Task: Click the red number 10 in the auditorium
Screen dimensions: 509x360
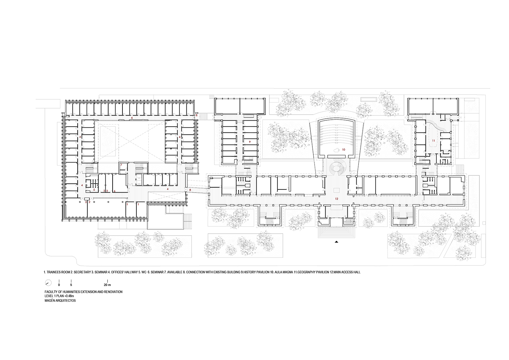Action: pos(344,150)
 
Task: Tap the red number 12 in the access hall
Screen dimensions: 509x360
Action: pos(337,199)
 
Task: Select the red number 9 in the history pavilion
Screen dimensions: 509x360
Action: pos(249,142)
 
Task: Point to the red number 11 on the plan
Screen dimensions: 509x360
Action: pos(433,141)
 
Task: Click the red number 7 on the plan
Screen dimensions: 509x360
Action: pos(121,165)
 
